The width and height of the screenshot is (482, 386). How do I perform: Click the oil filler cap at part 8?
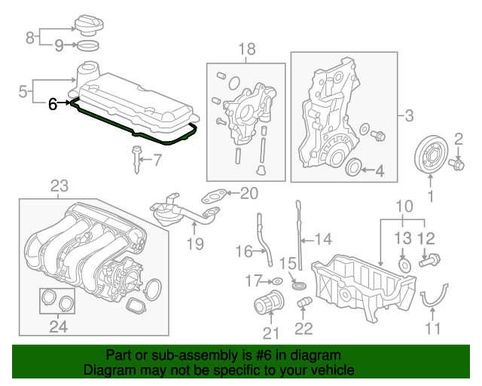(89, 24)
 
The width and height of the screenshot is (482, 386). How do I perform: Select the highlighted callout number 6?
(53, 104)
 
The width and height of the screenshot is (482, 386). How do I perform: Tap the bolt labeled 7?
(136, 160)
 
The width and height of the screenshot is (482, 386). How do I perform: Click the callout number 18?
(247, 49)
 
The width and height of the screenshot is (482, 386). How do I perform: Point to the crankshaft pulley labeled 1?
(431, 155)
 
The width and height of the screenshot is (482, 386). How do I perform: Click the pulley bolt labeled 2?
(457, 163)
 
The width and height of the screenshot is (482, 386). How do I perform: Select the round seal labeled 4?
(353, 167)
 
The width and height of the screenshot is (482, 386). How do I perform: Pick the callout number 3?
(409, 116)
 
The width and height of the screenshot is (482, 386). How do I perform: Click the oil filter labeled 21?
(270, 302)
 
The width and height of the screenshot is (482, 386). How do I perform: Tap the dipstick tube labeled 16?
(265, 239)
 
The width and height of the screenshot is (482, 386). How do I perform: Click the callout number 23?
(59, 186)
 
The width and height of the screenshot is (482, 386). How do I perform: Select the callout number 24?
(59, 326)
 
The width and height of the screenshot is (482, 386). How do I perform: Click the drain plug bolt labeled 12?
(430, 260)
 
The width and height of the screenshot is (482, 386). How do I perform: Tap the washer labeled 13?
(404, 265)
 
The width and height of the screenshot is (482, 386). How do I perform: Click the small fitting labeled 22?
(304, 302)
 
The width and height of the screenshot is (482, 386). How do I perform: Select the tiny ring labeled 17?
(277, 281)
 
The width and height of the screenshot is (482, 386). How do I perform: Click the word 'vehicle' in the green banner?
(334, 369)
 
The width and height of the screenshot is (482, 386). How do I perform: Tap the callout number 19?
(196, 244)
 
